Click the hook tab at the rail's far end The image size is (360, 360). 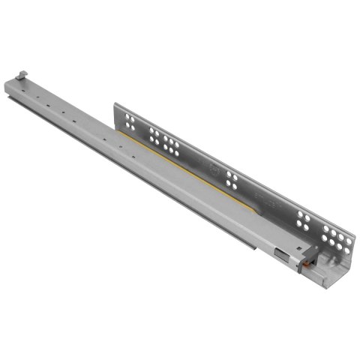tap(21, 74)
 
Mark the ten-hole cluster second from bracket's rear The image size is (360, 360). tap(163, 140)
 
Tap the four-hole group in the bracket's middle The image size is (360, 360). tap(231, 180)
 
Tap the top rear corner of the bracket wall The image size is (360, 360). tap(115, 103)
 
